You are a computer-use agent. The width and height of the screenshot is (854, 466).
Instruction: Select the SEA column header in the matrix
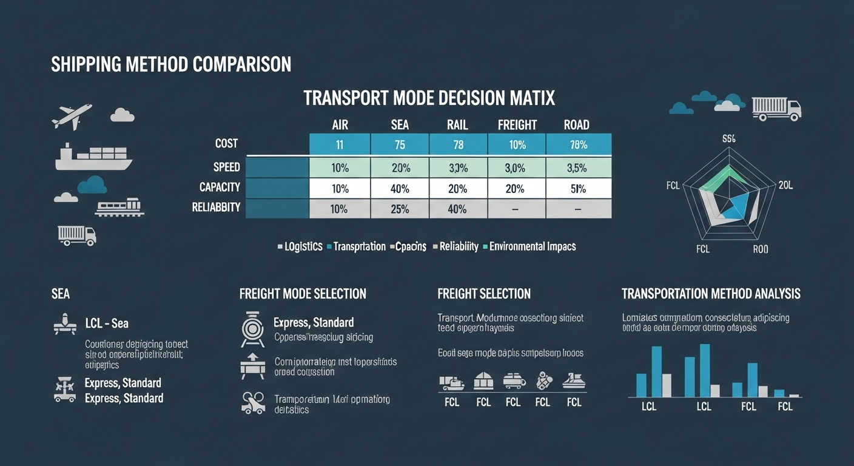[x=400, y=125]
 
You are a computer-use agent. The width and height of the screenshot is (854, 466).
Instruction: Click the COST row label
[x=226, y=144]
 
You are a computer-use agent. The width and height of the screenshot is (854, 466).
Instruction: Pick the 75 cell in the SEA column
[x=400, y=145]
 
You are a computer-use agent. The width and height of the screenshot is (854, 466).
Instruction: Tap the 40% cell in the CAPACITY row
[x=400, y=189]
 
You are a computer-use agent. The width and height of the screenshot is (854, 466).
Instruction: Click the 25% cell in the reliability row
[x=400, y=209]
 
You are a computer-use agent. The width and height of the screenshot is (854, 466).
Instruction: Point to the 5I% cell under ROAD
[x=577, y=189]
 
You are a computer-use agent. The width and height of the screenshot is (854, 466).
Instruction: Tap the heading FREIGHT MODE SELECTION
[x=303, y=294]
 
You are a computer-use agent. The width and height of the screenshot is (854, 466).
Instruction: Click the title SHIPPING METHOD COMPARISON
[x=171, y=65]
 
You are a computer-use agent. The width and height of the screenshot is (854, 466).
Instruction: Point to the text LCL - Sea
[x=107, y=323]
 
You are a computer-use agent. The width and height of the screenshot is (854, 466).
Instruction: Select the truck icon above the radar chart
[x=776, y=109]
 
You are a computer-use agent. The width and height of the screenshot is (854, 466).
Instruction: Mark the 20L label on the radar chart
[x=785, y=186]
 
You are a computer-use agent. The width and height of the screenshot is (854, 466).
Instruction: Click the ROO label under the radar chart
[x=760, y=249]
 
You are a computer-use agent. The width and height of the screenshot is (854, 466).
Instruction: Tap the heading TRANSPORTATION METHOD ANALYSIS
[x=711, y=294]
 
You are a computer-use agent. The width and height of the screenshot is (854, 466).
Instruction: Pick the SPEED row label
[x=226, y=167]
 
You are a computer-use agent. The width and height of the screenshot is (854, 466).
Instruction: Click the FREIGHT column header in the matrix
[x=517, y=125]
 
